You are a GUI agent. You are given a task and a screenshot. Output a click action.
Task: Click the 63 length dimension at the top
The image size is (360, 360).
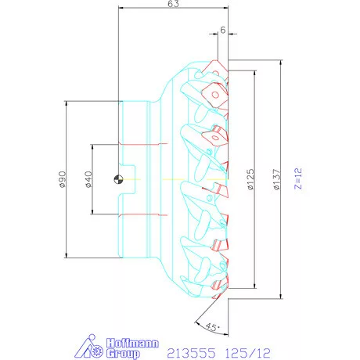point(174,4)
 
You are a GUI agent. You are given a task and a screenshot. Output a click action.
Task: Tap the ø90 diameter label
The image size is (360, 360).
point(61,179)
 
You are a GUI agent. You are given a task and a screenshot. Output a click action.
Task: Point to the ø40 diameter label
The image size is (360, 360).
point(88,179)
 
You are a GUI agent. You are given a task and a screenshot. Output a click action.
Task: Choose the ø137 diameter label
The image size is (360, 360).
point(275,179)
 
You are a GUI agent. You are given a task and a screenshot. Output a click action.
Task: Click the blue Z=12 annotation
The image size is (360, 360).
point(297,179)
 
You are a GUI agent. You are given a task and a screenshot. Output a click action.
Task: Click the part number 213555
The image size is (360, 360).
point(195,352)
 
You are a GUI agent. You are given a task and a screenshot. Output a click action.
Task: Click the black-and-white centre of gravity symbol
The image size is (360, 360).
point(117,179)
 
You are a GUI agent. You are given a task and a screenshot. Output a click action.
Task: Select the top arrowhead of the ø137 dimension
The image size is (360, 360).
point(280,60)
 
